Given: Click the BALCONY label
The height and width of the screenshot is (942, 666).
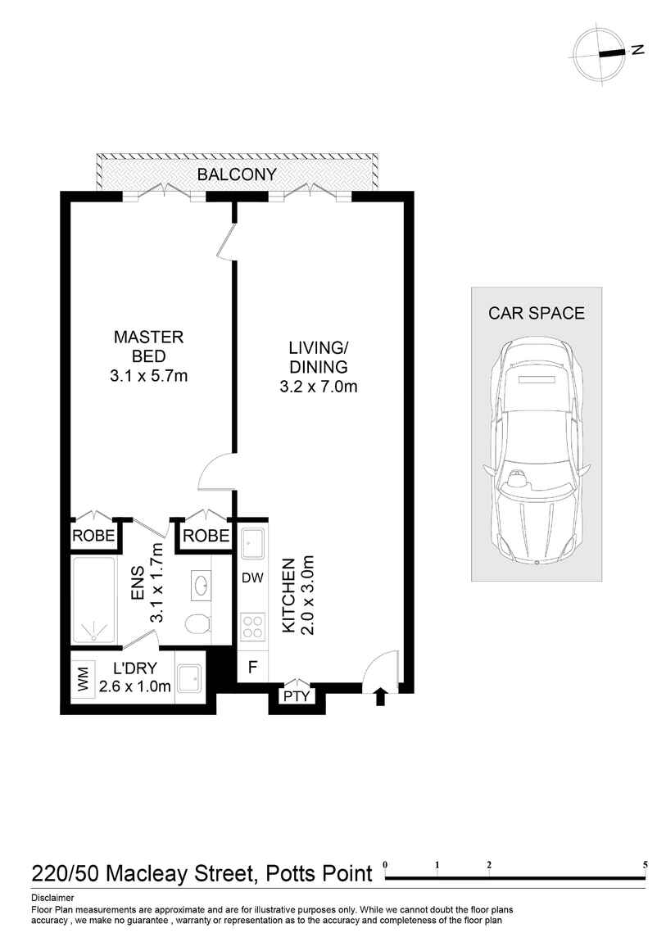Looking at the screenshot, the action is [x=237, y=174].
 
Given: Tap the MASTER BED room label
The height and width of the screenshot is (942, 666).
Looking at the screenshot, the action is [x=148, y=346].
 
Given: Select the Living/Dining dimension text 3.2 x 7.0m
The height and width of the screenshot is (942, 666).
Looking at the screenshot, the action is [x=319, y=387].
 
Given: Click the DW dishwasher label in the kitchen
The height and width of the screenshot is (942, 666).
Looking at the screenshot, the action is [x=253, y=578].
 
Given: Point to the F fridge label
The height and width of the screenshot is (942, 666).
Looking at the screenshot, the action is [x=253, y=667].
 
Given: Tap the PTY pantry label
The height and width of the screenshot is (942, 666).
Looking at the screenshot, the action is [x=297, y=695].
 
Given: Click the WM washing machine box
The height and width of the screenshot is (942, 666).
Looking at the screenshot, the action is [x=83, y=682].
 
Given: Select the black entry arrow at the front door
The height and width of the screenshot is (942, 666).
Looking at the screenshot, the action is [x=379, y=697].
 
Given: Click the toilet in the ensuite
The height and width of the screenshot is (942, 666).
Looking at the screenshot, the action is [x=197, y=625].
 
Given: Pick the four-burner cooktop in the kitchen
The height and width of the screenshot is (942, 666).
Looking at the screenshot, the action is [x=253, y=626].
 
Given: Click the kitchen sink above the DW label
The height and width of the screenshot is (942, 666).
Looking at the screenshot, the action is [x=253, y=545].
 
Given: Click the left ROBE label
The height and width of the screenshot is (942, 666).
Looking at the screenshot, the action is [x=93, y=536].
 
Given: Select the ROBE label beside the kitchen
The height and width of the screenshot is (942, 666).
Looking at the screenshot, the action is [x=206, y=536].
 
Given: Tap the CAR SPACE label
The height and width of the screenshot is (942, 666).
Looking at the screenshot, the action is [x=537, y=313].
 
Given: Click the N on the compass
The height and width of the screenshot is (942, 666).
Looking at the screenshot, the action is [x=638, y=50].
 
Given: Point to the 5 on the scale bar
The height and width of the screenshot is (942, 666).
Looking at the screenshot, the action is [x=646, y=865].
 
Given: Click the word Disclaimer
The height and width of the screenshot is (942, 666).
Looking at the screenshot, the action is [x=53, y=898].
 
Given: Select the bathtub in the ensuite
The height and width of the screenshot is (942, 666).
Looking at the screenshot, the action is [x=95, y=600].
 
